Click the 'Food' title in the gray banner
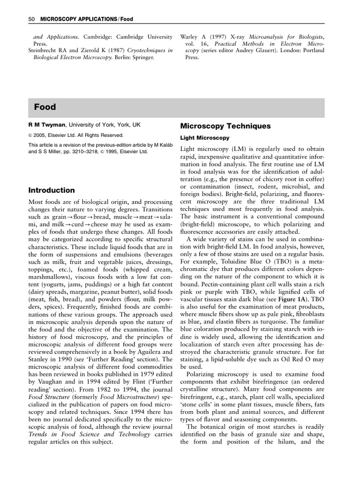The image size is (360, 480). [45, 107]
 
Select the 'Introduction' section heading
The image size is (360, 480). [52, 190]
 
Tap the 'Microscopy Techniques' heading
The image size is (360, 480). [225, 126]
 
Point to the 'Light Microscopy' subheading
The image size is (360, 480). [205, 138]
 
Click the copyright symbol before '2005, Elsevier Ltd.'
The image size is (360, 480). [30, 135]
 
